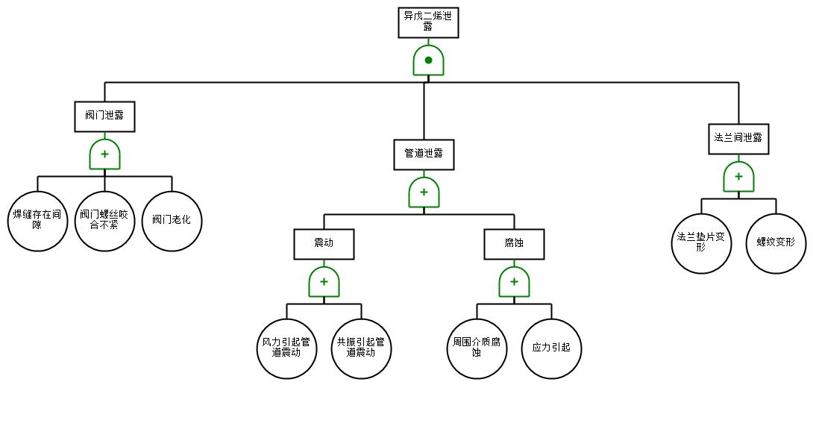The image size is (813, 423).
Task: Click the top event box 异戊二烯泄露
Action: [x=428, y=23]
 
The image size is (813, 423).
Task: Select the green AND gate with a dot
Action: [x=428, y=60]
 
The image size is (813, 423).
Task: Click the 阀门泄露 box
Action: [x=104, y=116]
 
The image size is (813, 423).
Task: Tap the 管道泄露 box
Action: [x=424, y=154]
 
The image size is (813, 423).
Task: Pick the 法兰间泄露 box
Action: [x=739, y=139]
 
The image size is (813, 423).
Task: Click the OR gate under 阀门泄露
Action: [x=104, y=154]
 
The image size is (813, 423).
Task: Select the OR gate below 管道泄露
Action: [x=424, y=192]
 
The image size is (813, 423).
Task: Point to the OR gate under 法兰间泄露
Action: [x=739, y=177]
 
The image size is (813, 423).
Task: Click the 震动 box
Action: [x=324, y=244]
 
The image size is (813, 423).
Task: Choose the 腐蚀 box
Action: [x=515, y=244]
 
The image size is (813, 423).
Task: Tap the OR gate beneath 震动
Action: [x=324, y=282]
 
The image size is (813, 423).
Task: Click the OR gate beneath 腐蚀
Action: [x=515, y=282]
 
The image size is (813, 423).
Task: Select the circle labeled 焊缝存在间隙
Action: [x=37, y=222]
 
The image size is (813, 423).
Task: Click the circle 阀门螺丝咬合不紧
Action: [x=104, y=222]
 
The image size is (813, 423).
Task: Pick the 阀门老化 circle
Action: [x=172, y=222]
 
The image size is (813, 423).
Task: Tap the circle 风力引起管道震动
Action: [x=286, y=349]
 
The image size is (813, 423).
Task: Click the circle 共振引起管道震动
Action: [x=362, y=349]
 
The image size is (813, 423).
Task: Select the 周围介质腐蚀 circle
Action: [x=477, y=349]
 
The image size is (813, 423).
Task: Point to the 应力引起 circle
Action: [x=552, y=349]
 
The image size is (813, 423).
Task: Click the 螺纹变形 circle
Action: [x=776, y=244]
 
